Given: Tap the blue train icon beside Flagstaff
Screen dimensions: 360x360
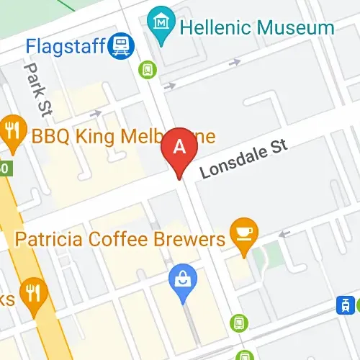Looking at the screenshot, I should coord(121,48).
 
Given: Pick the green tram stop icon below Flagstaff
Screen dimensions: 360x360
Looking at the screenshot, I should coord(147,69).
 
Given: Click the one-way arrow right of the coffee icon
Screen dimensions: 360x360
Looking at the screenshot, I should coord(285,233).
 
